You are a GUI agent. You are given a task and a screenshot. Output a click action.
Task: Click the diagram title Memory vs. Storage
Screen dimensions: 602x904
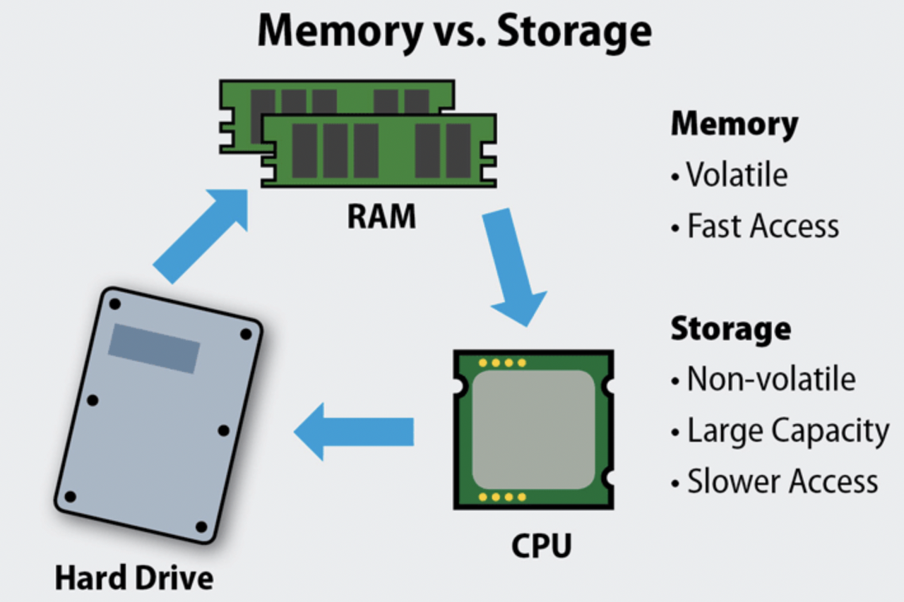453,31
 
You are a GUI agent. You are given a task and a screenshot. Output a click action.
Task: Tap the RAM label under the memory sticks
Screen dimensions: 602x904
381,217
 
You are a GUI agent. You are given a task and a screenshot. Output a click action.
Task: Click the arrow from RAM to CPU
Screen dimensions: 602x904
512,265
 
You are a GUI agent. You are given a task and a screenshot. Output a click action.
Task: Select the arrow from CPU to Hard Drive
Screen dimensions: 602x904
353,431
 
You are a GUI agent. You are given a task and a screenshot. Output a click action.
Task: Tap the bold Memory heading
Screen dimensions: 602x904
734,124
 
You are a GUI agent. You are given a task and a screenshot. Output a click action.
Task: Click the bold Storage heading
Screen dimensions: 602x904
730,329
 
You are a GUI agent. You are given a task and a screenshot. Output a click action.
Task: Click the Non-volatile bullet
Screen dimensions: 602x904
771,379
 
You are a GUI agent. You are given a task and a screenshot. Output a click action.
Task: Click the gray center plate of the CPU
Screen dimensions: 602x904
533,430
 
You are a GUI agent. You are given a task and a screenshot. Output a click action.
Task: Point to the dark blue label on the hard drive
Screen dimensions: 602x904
154,348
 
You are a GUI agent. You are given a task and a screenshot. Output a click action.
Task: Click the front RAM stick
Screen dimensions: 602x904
379,150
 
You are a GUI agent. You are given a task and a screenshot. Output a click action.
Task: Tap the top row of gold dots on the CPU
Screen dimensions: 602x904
502,363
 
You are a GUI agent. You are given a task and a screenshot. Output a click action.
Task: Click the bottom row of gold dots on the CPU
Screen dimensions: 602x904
502,497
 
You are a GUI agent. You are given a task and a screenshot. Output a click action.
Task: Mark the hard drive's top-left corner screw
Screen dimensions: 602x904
115,303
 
